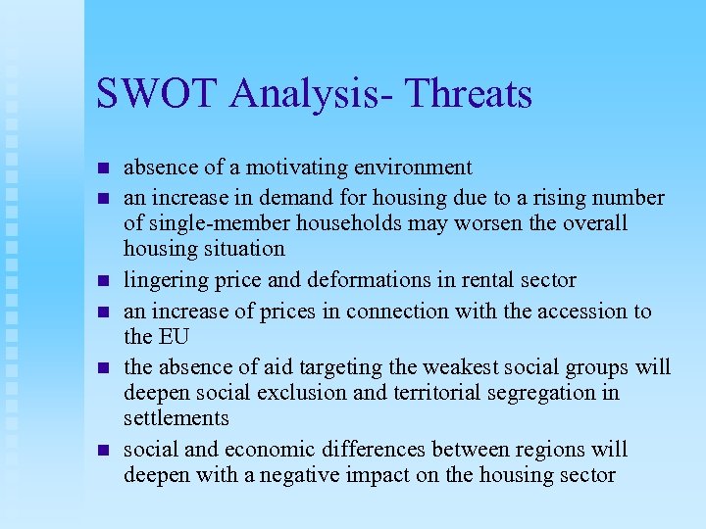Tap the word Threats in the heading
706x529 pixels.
point(468,94)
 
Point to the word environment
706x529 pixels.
point(404,168)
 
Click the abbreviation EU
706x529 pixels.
point(166,336)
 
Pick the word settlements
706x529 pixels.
point(176,418)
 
